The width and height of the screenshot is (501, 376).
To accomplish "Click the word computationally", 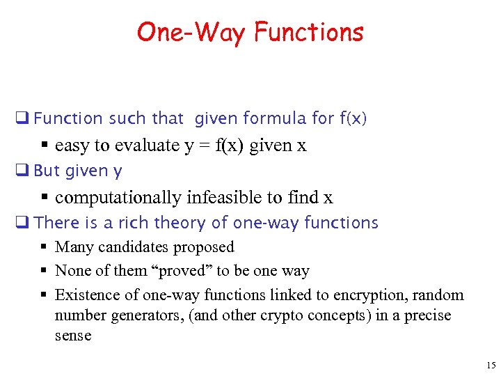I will click(118, 197).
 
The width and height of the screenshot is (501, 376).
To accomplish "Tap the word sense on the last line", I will click(73, 336).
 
